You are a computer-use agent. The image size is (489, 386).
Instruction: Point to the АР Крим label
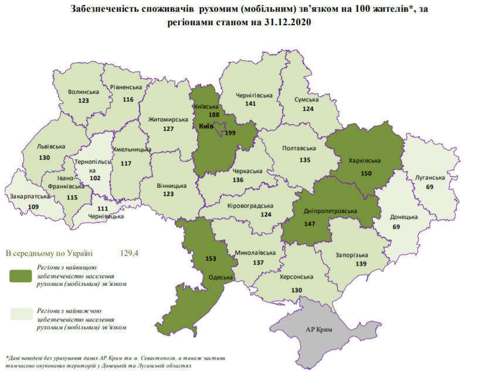[320, 329]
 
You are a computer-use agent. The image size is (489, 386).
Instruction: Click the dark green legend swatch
[21, 275]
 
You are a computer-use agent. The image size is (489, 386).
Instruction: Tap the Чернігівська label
[254, 95]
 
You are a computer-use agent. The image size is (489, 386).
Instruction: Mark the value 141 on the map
[251, 104]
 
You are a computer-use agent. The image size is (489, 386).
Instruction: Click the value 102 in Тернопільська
[88, 178]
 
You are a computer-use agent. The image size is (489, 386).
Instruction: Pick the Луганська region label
[429, 177]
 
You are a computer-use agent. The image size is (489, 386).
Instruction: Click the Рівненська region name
[126, 87]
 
